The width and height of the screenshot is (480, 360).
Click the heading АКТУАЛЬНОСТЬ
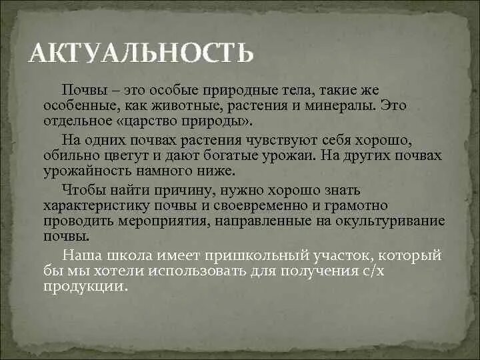141,52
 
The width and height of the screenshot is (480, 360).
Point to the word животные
161,105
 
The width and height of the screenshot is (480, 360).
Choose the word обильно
71,155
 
